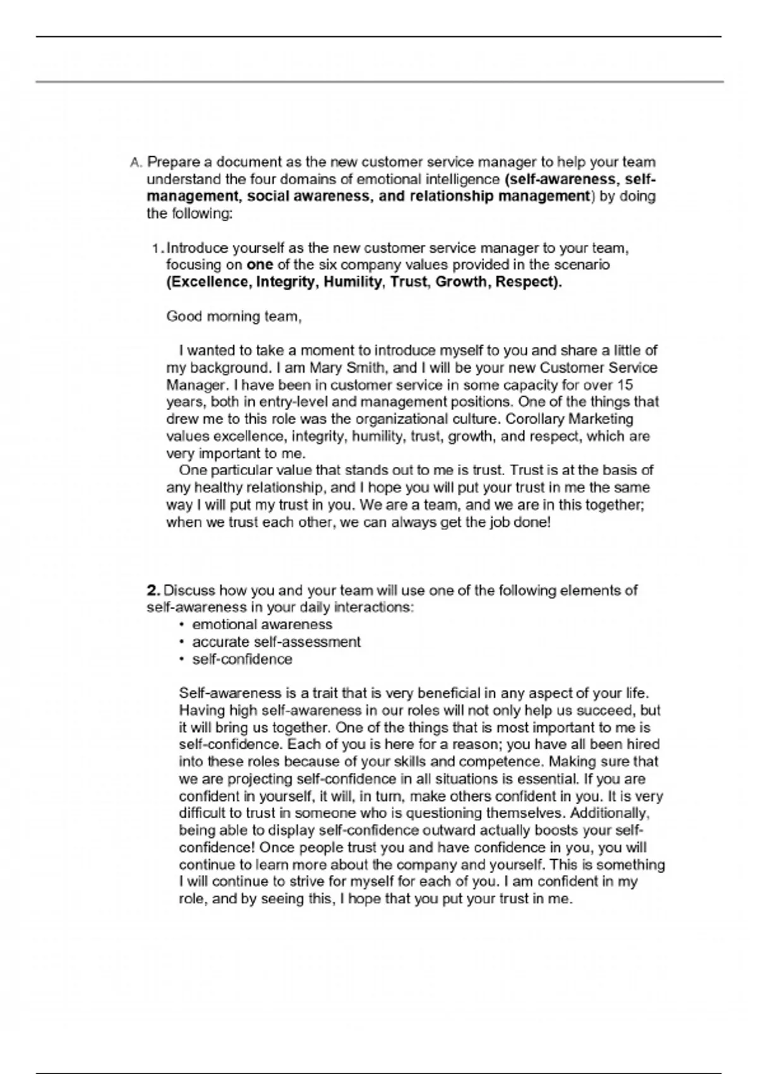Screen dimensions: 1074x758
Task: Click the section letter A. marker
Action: [136, 162]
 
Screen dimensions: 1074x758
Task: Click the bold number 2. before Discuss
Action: [153, 591]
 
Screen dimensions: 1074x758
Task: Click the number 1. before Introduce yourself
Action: [158, 248]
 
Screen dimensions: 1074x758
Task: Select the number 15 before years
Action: [623, 385]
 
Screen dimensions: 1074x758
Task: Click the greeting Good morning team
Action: [234, 317]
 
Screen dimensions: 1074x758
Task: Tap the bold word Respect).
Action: [528, 282]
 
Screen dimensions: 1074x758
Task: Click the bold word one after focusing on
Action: [259, 265]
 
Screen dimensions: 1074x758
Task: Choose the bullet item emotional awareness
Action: [262, 625]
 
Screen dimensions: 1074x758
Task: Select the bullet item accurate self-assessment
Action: [276, 642]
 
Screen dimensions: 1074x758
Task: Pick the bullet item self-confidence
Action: [242, 659]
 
